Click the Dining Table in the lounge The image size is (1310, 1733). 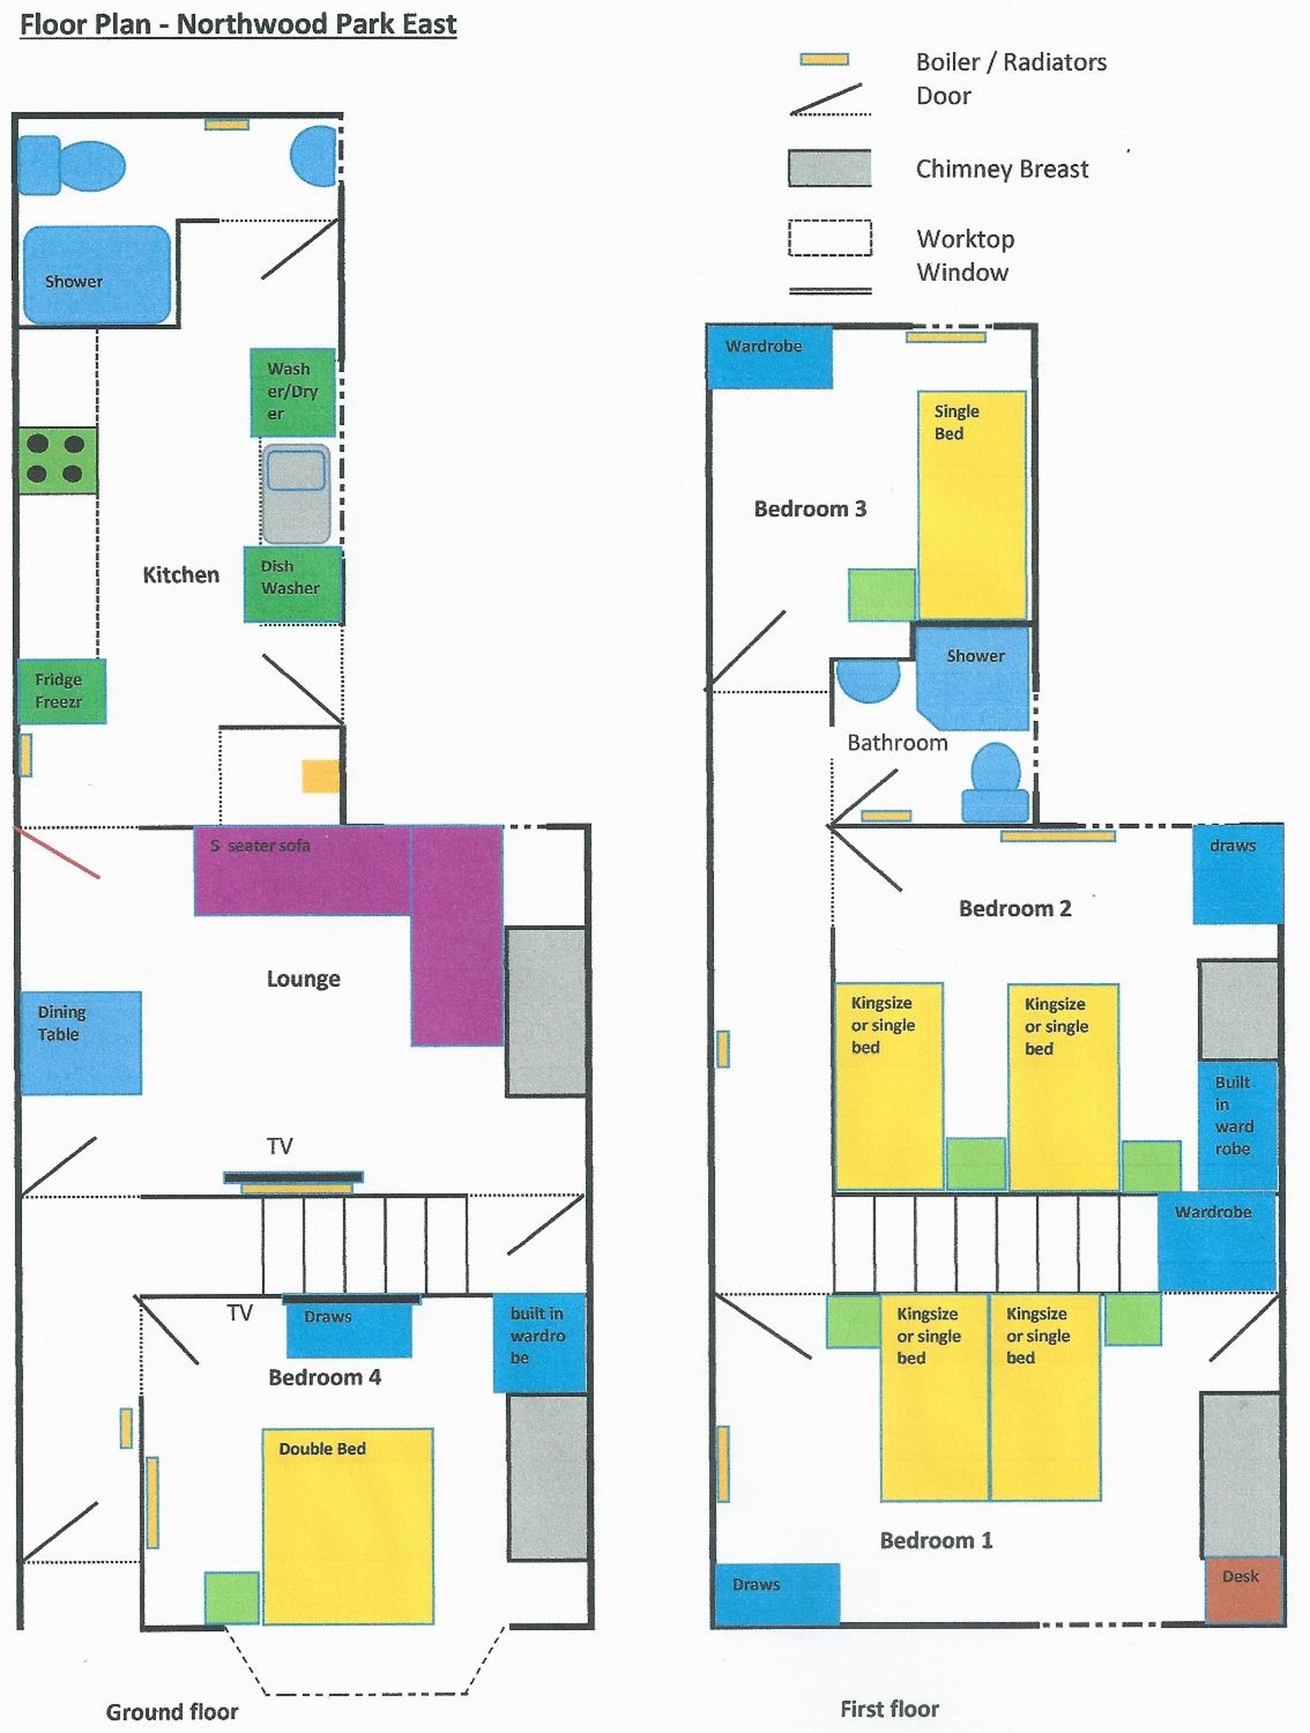point(81,1043)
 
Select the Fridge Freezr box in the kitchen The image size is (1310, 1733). point(62,691)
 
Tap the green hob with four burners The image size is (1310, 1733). point(58,461)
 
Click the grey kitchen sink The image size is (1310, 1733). point(296,493)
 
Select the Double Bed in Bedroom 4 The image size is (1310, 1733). point(348,1526)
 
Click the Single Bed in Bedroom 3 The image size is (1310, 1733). point(972,505)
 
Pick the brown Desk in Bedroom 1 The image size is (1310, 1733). point(1243,1589)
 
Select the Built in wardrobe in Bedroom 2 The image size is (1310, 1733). point(1238,1126)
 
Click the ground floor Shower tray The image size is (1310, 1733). point(97,275)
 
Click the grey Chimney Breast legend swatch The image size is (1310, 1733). point(829,169)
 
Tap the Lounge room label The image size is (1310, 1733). point(303,978)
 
